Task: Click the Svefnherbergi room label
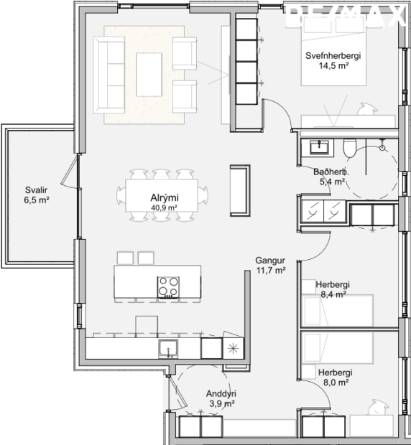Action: (333, 56)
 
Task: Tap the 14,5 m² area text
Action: (333, 66)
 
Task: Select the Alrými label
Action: (164, 198)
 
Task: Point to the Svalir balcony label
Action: (36, 190)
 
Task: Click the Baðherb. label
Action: (331, 172)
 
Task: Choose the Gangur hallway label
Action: (270, 261)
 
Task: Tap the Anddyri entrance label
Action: (221, 394)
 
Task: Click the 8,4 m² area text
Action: (333, 294)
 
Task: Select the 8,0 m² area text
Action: (335, 383)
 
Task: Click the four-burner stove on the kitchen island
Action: (169, 286)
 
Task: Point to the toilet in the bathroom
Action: (349, 148)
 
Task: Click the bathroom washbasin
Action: (318, 147)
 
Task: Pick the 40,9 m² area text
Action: (164, 207)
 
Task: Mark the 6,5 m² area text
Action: (36, 200)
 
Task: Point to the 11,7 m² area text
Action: (270, 271)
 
